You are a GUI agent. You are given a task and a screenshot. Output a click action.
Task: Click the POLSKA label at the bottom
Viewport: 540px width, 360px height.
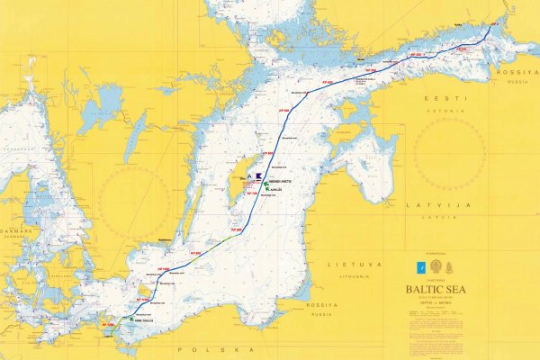215,347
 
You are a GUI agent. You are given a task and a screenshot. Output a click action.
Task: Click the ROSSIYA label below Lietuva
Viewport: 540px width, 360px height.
322,305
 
